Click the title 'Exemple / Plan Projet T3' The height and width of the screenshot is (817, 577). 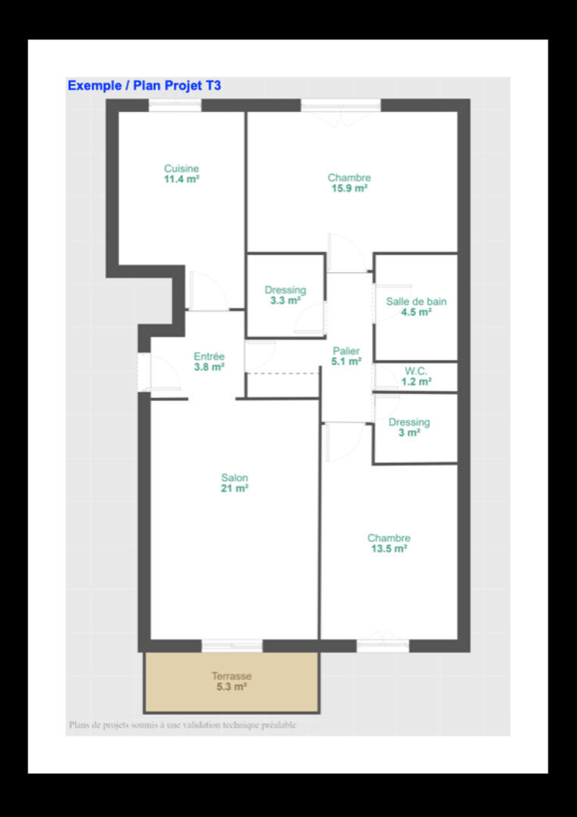tap(145, 85)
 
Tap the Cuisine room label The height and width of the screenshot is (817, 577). tap(182, 168)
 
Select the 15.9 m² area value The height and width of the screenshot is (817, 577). tap(350, 188)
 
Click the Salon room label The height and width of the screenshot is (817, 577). tap(235, 477)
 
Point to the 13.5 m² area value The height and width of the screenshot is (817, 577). tap(388, 548)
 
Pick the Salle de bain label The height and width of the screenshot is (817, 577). tap(416, 301)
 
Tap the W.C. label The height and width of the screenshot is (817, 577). tap(416, 371)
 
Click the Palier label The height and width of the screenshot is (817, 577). tap(346, 351)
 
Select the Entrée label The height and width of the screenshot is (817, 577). tap(209, 356)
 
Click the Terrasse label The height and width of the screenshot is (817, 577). tap(232, 676)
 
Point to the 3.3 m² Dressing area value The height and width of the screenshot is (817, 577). tap(285, 300)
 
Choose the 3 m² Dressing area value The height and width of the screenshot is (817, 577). tap(410, 433)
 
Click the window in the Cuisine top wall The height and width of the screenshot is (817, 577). tap(175, 104)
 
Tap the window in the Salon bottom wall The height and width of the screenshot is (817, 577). tap(232, 645)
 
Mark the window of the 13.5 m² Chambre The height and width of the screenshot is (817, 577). tap(383, 645)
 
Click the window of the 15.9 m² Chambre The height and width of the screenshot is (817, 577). tap(342, 104)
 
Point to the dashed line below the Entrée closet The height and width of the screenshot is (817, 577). tap(282, 373)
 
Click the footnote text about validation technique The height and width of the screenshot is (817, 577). tap(182, 725)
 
